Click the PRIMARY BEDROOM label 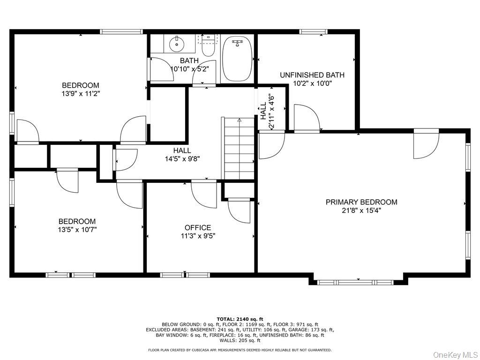pos(361,202)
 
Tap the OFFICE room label pos(198,228)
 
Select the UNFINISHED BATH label pos(312,75)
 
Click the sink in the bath pos(177,44)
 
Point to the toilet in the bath pos(209,45)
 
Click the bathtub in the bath pos(237,59)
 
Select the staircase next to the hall pos(238,148)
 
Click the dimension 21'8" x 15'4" pos(361,210)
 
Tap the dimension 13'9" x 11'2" pos(81,94)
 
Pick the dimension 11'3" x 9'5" pos(198,236)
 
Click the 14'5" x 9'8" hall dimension pos(182,159)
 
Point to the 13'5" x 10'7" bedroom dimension pos(77,230)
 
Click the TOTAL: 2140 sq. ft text pos(240,319)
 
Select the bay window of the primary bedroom pos(358,282)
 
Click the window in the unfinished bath pos(313,31)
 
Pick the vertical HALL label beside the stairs pos(263,111)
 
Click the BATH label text pos(189,60)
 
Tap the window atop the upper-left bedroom pos(121,31)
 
